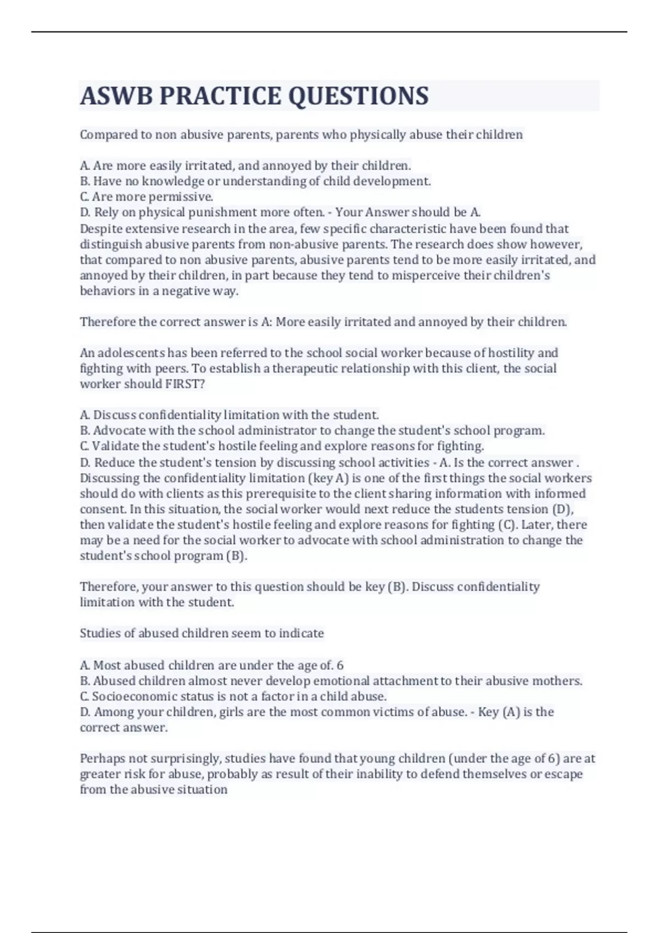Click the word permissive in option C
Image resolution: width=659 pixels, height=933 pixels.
click(180, 196)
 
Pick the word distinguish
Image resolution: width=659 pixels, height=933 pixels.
click(111, 244)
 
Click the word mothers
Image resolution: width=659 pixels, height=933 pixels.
click(561, 681)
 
